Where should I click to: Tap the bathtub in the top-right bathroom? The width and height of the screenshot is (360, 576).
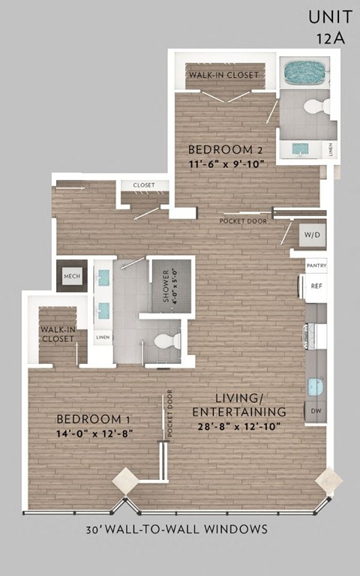coord(305,73)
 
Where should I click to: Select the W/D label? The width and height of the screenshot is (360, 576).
coord(311,235)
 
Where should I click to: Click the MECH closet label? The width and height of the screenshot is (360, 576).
coord(72,277)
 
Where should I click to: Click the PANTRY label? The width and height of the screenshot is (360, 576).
coord(316,265)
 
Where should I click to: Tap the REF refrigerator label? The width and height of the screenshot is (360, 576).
coord(316,286)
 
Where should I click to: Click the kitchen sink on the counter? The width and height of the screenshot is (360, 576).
coord(315,388)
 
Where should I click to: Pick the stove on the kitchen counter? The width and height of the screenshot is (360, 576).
coord(314,335)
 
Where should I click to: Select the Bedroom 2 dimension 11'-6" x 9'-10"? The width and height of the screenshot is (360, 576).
coord(224,163)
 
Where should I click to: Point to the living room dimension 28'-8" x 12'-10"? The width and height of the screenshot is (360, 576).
coord(239,425)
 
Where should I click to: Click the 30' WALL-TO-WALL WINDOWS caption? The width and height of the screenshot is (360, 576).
coord(177,529)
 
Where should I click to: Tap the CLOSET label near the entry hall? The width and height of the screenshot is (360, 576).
coord(143,185)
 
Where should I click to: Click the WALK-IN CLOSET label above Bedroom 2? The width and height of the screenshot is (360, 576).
coord(224,75)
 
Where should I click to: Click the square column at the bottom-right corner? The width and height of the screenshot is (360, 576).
coord(328,480)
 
